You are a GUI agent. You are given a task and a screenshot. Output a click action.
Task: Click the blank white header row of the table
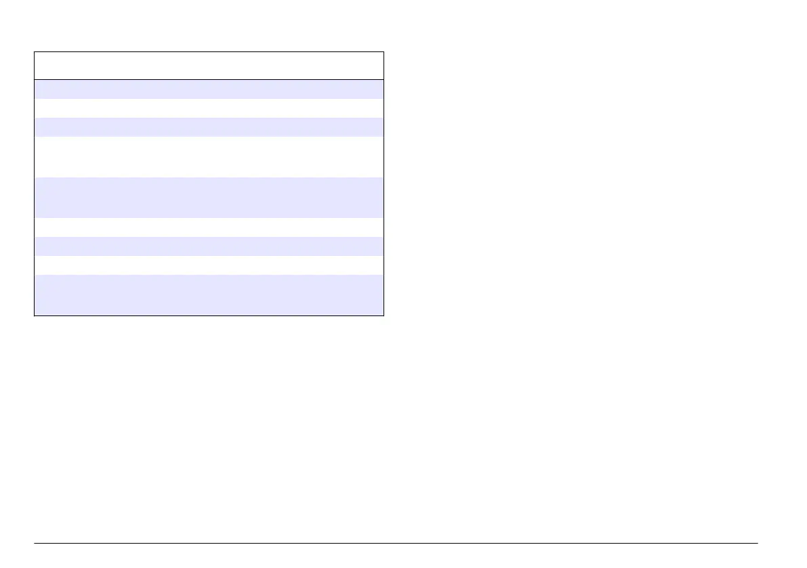(209, 66)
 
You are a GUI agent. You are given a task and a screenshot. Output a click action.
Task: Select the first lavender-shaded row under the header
(209, 89)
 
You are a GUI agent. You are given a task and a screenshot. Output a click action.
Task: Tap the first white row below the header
(209, 108)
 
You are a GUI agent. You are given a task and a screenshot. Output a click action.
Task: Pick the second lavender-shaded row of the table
(209, 127)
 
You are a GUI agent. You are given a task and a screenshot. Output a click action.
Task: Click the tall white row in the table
(209, 157)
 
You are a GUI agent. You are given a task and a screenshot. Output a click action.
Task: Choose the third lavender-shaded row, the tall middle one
(209, 197)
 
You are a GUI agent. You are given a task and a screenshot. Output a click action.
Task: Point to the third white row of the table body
(209, 227)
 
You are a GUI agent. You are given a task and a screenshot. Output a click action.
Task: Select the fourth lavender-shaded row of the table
(209, 246)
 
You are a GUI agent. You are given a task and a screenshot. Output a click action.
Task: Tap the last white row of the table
(209, 265)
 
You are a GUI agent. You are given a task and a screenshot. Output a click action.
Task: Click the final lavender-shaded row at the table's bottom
(209, 294)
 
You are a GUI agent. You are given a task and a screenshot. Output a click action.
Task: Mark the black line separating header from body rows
(209, 80)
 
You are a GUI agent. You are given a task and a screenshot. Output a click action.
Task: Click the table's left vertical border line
(35, 183)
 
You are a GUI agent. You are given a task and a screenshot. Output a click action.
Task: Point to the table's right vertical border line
(384, 183)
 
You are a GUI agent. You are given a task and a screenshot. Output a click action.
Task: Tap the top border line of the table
(209, 51)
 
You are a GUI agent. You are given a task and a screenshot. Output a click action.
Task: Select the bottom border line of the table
(209, 315)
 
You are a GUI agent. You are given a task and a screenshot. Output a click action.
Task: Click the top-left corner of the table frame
(35, 51)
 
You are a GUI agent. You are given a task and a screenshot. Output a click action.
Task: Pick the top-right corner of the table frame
(384, 51)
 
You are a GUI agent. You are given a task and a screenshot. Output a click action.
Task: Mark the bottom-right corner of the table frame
(384, 315)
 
